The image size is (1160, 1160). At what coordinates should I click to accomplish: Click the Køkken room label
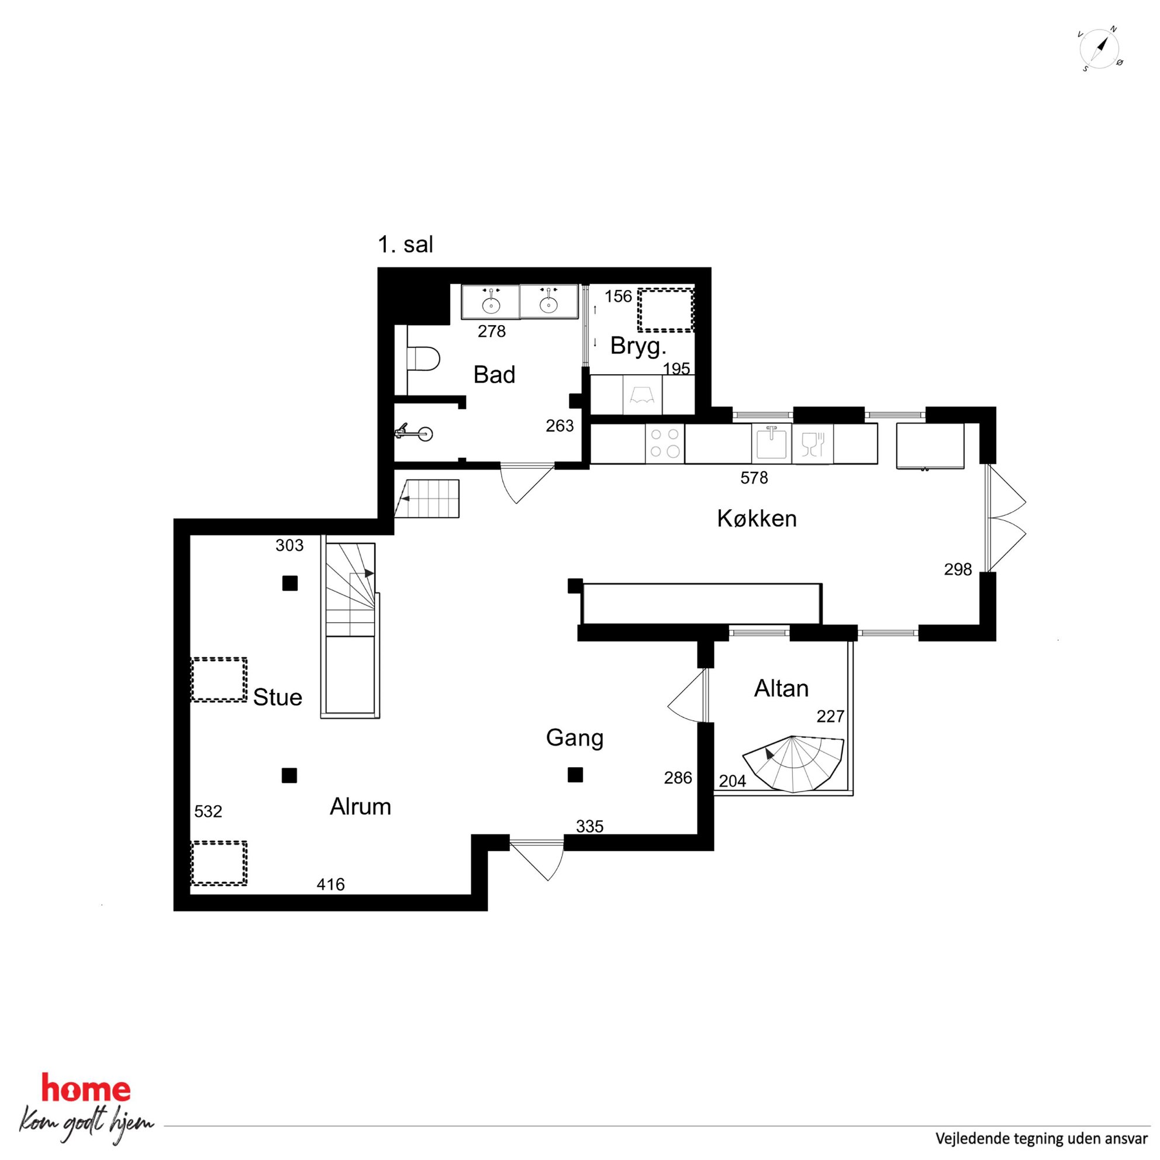tap(757, 519)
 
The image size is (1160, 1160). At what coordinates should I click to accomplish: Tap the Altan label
tap(781, 689)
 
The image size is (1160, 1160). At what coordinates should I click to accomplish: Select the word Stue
tap(277, 697)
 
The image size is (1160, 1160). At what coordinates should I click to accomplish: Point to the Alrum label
tap(360, 806)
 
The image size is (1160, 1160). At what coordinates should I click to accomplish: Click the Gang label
tap(575, 738)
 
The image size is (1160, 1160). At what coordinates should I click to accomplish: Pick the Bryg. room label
tap(639, 347)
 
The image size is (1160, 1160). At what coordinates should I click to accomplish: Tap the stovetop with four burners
tap(665, 443)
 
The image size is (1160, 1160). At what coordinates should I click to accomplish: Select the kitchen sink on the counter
tap(772, 443)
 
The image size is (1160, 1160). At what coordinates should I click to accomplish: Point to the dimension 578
tap(754, 478)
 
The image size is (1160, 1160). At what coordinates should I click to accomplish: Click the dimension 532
tap(208, 812)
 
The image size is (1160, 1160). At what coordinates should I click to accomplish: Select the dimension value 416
tap(331, 885)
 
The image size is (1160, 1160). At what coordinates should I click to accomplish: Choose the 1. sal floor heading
tap(405, 245)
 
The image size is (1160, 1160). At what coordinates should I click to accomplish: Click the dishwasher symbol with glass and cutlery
tap(812, 443)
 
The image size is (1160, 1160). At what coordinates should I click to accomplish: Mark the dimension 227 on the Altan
tap(830, 716)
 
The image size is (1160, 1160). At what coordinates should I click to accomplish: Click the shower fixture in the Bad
tap(414, 432)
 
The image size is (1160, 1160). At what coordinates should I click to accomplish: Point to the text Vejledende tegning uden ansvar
tap(1042, 1138)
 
